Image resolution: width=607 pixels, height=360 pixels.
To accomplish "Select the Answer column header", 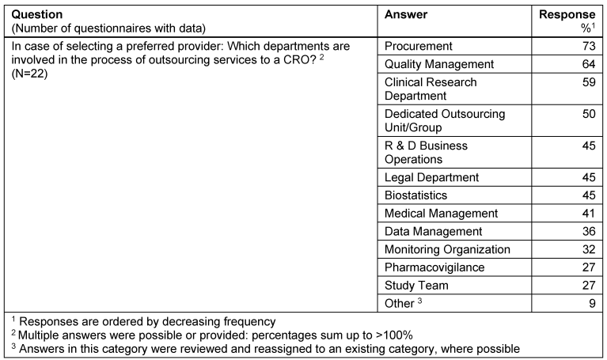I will coord(405,15).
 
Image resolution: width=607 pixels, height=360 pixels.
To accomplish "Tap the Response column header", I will coord(567,15).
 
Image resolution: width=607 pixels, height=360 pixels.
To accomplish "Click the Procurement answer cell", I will coord(418,46).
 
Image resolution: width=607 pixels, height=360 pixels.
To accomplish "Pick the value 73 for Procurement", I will coord(587,46).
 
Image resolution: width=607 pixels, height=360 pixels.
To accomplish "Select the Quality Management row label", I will coord(438,64).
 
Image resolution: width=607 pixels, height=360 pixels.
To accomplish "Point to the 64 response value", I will coord(587,64).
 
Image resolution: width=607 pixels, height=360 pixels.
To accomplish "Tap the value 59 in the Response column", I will coord(587,82).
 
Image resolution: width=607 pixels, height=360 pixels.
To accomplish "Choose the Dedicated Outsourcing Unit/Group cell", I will coord(444,120).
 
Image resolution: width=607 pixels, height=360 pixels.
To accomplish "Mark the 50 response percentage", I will coord(587,114).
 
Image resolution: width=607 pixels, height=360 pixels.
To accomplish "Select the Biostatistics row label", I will coord(415,195).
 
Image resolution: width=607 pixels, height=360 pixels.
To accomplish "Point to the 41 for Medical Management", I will coord(587,213).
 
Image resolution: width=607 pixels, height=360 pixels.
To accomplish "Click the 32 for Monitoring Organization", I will coord(587,249).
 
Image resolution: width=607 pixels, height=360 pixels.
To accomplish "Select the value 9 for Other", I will coord(590,302).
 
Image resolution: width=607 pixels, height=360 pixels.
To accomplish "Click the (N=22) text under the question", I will coord(29,73).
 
